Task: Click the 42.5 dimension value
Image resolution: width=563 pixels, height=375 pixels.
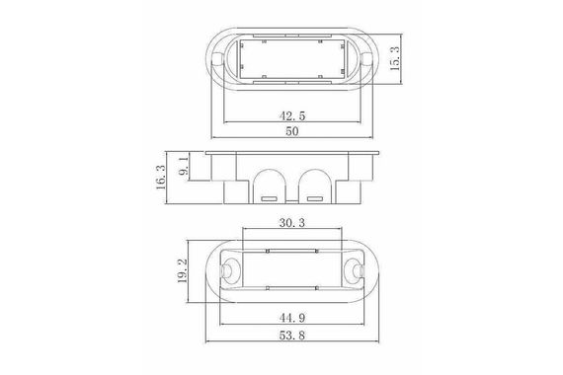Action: click(x=292, y=115)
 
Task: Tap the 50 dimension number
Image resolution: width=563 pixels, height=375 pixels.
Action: click(x=292, y=131)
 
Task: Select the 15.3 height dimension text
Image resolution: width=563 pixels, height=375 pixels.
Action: click(x=395, y=58)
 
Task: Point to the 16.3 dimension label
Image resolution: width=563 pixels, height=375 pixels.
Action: click(x=161, y=178)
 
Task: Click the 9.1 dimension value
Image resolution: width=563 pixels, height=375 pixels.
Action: click(x=184, y=166)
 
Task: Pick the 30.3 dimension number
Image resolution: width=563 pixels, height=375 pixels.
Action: click(x=292, y=223)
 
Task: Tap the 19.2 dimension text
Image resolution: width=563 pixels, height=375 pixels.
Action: click(x=183, y=271)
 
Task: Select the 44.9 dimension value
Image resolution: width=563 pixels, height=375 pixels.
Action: click(x=292, y=318)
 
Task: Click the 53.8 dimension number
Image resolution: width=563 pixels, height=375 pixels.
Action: click(x=292, y=336)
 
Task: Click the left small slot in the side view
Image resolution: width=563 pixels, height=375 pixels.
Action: click(x=269, y=198)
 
